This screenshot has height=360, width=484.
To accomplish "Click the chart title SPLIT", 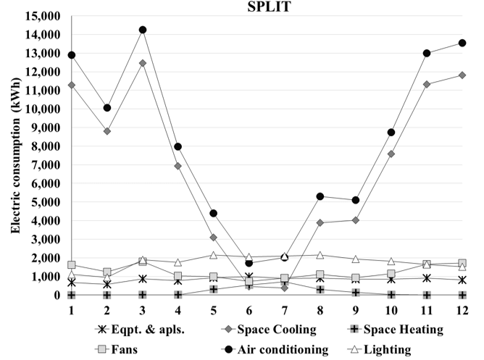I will [259, 7].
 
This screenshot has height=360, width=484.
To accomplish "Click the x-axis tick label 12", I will [462, 309].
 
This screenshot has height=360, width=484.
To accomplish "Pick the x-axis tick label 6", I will [249, 309].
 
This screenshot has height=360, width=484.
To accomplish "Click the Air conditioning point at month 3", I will [143, 30].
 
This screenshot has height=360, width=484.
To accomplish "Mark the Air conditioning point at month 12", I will [462, 43].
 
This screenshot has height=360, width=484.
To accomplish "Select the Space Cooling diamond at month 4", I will [178, 166].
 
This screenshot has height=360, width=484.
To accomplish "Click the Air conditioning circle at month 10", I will [391, 132].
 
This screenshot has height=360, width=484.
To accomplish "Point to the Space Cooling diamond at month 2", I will [107, 131].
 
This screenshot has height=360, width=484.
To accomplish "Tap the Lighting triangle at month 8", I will [320, 255].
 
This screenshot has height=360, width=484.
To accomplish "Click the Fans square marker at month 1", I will [72, 265].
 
